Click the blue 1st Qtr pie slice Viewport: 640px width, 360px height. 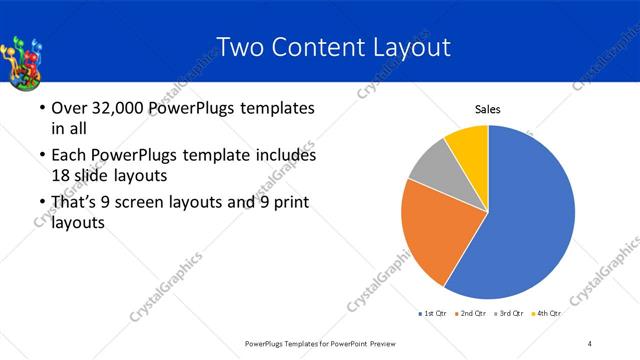click(x=530, y=215)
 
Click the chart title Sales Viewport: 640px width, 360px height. click(x=487, y=110)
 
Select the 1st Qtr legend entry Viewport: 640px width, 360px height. click(x=433, y=314)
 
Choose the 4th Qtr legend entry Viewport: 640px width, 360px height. click(x=547, y=314)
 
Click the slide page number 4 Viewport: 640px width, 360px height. click(x=590, y=344)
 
